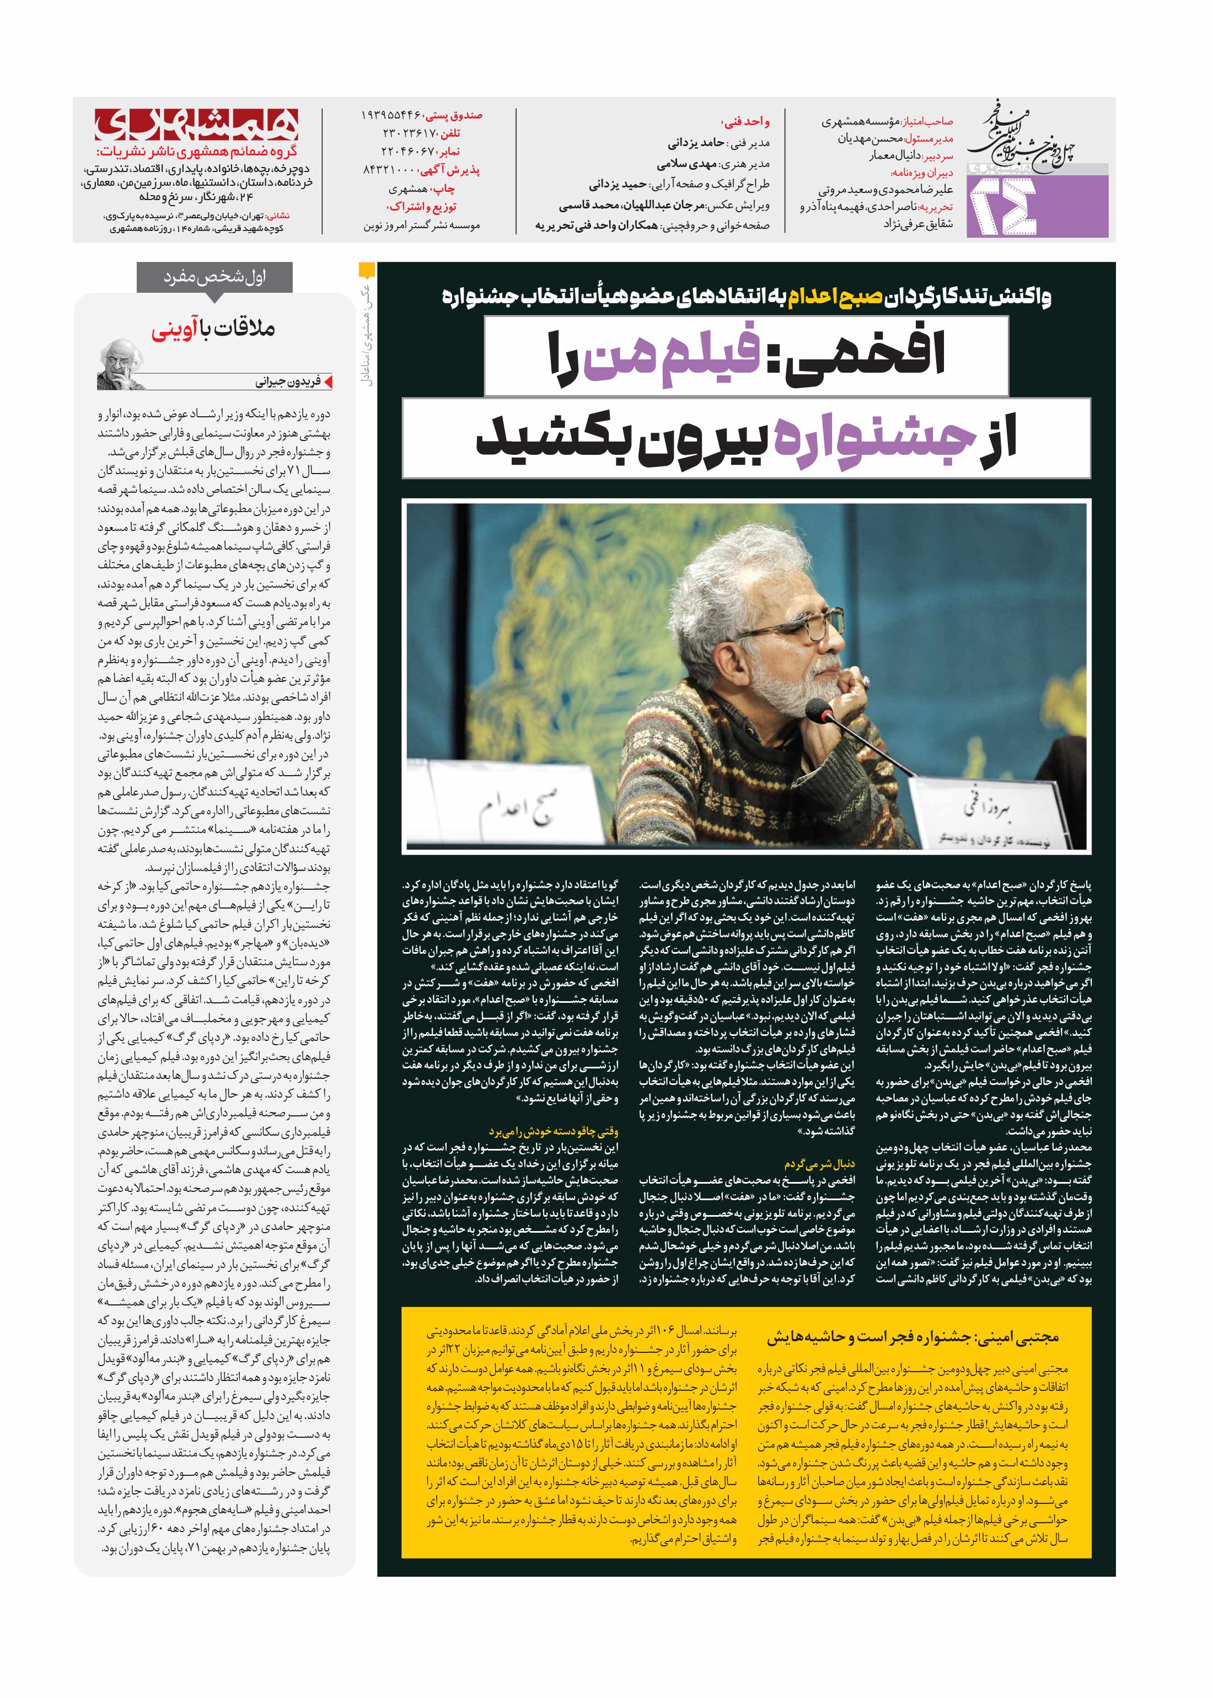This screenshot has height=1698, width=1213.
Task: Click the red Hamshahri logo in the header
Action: (x=196, y=125)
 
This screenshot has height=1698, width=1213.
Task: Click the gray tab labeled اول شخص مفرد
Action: (x=215, y=278)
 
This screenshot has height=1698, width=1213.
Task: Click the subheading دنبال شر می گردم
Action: (x=819, y=1163)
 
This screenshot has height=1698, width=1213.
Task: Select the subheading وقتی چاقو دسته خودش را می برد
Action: (x=554, y=1131)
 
